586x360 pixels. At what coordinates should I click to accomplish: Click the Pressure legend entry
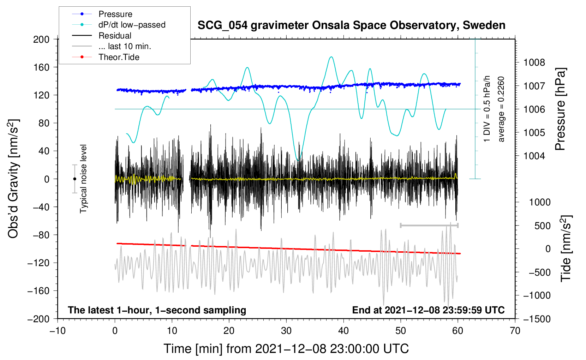pos(115,14)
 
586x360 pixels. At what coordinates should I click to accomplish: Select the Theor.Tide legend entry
pos(119,57)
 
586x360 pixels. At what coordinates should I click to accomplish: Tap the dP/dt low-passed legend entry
pos(132,25)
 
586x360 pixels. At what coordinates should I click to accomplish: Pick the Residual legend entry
pos(115,36)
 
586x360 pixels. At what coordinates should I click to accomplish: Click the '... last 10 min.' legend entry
pos(125,46)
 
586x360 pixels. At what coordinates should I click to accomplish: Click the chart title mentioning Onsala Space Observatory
pos(351,25)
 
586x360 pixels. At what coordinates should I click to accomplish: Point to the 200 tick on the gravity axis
pos(41,39)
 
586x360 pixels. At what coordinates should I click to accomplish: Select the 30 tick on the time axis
pos(286,331)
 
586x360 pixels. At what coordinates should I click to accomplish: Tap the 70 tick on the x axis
pos(515,331)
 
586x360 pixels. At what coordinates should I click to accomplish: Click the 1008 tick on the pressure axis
pos(534,63)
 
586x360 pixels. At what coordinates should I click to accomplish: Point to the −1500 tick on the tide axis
pos(537,319)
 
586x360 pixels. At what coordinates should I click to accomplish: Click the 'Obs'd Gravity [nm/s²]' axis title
pos(13,179)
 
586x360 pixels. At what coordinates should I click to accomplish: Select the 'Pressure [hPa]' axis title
pos(560,109)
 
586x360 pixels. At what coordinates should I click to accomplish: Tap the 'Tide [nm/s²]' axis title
pos(566,248)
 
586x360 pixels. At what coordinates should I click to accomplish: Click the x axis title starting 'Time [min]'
pos(286,349)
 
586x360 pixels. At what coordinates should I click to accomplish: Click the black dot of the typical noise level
pos(74,179)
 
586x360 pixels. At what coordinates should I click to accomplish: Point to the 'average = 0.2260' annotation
pos(501,109)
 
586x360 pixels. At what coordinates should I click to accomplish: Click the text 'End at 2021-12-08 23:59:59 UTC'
pos(428,310)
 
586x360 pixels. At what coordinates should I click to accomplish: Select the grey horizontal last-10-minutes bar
pos(429,225)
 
